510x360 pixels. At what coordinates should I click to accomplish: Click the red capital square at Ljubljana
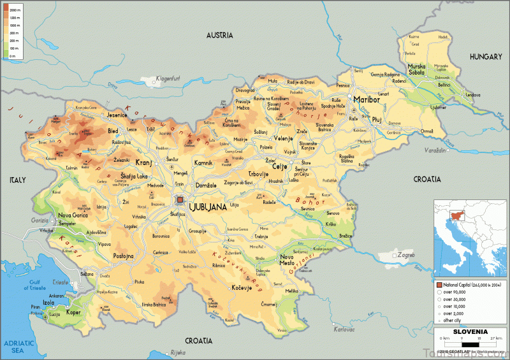click(180, 199)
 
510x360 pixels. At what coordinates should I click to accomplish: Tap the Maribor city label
click(366, 100)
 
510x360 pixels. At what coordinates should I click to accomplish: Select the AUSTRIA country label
click(220, 36)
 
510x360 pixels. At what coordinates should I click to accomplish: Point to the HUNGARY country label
click(486, 57)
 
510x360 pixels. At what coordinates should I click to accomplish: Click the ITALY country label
click(17, 180)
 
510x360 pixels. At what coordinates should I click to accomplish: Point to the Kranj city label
click(144, 162)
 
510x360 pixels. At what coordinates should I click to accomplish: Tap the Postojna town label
click(123, 256)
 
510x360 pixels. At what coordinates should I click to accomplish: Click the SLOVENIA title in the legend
click(470, 332)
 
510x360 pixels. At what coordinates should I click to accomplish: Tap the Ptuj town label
click(376, 119)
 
